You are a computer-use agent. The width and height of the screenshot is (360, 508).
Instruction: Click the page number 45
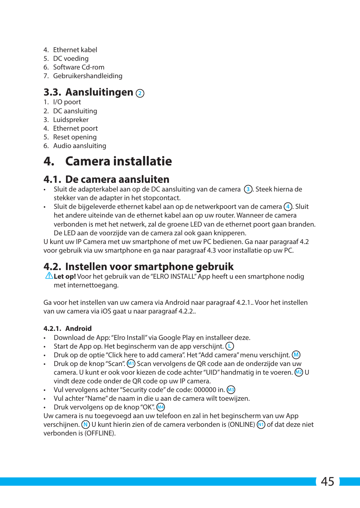[x=327, y=482]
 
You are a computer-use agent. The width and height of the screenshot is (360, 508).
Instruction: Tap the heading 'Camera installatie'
[x=118, y=161]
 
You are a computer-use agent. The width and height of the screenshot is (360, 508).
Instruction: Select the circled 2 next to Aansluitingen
[x=140, y=93]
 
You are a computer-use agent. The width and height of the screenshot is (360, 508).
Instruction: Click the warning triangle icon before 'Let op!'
[x=49, y=276]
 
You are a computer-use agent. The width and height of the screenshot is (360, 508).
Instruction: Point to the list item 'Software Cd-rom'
[x=78, y=67]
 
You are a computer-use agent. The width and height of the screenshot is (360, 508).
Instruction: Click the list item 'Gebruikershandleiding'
[x=88, y=76]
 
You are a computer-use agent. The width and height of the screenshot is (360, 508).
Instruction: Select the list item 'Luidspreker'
[x=71, y=120]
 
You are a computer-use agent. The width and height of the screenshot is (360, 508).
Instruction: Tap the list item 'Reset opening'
[x=75, y=137]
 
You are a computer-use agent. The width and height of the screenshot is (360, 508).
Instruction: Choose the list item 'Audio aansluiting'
[x=79, y=146]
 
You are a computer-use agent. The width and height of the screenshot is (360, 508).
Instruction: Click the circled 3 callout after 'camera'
[x=248, y=189]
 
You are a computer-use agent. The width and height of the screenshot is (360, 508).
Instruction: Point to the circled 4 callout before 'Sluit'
[x=288, y=207]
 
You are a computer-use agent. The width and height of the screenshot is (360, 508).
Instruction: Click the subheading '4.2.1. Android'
[x=68, y=329]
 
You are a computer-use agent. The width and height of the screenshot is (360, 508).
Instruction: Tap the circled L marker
[x=229, y=346]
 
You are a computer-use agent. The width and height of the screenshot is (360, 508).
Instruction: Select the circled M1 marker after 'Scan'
[x=131, y=364]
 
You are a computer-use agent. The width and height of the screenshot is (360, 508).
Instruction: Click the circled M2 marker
[x=298, y=372]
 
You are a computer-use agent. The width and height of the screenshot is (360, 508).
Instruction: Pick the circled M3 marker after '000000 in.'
[x=231, y=390]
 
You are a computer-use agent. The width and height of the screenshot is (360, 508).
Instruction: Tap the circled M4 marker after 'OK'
[x=161, y=407]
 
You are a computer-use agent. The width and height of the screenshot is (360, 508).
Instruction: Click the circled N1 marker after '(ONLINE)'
[x=261, y=425]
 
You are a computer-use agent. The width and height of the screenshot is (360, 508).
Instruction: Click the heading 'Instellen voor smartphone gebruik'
[x=149, y=267]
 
